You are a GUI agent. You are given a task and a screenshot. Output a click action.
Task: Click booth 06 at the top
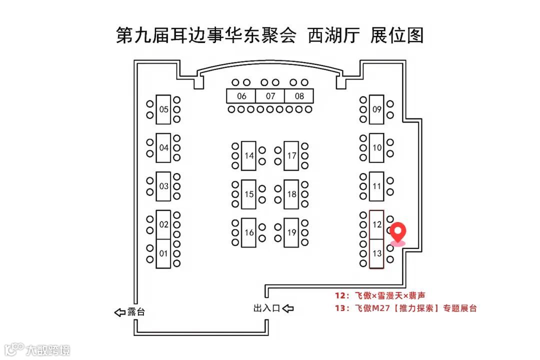pos(241,96)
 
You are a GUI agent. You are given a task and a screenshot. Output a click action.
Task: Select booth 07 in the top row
pos(270,96)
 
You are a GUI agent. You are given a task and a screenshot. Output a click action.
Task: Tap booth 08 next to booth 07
pos(299,96)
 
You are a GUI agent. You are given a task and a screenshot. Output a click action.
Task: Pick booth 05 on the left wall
pos(163,109)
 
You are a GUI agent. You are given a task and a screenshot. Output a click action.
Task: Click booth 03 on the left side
pos(163,186)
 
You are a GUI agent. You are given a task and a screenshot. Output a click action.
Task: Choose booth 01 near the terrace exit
pos(163,253)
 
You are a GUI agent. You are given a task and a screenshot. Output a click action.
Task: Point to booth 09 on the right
pos(377,109)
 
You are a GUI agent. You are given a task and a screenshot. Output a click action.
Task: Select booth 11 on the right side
pos(377,186)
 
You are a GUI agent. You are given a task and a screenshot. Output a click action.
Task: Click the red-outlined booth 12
pos(377,224)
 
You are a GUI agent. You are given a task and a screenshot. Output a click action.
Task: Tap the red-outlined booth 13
pos(377,253)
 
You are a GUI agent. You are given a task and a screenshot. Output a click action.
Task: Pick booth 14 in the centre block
pos(249,155)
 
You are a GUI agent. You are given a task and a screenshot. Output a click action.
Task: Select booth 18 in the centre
pos(292,194)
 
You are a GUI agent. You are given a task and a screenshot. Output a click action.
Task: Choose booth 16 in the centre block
pos(249,232)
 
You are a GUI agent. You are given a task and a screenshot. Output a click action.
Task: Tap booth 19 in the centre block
pos(292,232)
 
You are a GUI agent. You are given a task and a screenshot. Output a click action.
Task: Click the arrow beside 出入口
pos(288,308)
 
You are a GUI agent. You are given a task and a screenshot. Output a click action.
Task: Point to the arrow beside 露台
pos(119,312)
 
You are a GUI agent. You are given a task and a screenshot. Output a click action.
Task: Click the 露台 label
pos(136,312)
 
